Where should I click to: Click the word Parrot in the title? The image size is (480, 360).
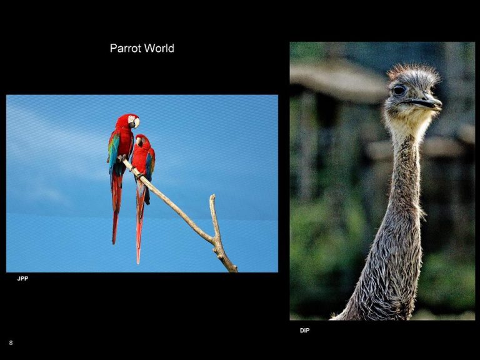(x=126, y=48)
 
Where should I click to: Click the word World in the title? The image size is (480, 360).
(x=159, y=48)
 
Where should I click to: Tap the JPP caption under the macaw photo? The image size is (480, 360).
(x=22, y=279)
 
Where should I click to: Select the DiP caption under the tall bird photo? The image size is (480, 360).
(x=304, y=331)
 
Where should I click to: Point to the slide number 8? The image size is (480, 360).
(x=11, y=343)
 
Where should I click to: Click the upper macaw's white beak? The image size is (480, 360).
(x=136, y=122)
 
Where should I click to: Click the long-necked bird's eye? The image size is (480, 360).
(x=399, y=90)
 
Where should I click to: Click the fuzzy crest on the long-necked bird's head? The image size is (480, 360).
(x=413, y=72)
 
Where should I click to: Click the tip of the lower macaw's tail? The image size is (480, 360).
(x=138, y=262)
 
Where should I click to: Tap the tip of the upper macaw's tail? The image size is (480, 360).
(x=114, y=242)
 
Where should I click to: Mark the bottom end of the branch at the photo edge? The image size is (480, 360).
(x=234, y=270)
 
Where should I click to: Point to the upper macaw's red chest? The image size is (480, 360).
(x=124, y=141)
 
